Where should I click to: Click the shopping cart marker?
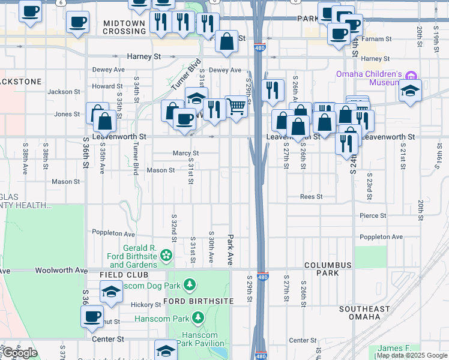[x=237, y=107]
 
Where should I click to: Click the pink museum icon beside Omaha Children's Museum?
[x=411, y=76]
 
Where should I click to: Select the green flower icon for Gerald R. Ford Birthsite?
[x=165, y=257]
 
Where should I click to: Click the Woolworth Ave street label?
[x=61, y=271]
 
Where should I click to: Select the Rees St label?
[x=312, y=197]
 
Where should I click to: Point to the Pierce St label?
[x=373, y=215]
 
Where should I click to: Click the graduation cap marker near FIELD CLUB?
[x=111, y=291]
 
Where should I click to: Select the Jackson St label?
[x=64, y=92]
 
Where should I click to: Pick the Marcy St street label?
[x=185, y=153]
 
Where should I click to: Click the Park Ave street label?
[x=230, y=250]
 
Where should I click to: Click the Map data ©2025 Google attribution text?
[x=411, y=355]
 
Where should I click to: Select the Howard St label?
[x=107, y=86]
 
